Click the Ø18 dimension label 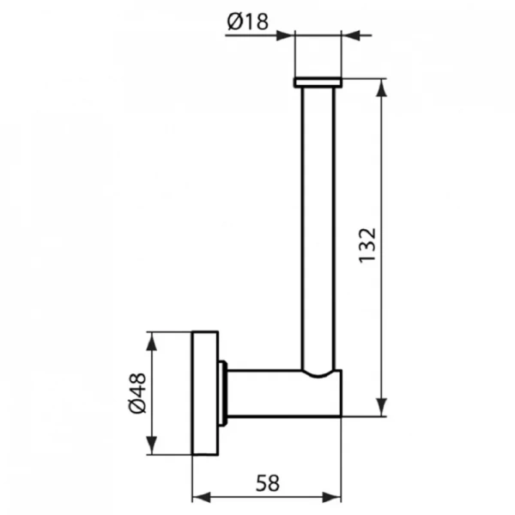[x=249, y=25]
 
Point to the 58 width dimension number [x=267, y=482]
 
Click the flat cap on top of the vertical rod [x=318, y=82]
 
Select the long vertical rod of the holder [x=318, y=223]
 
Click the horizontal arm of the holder [x=275, y=394]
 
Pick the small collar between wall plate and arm [x=223, y=393]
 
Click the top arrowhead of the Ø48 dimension [x=152, y=340]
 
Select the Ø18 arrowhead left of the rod [x=287, y=35]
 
